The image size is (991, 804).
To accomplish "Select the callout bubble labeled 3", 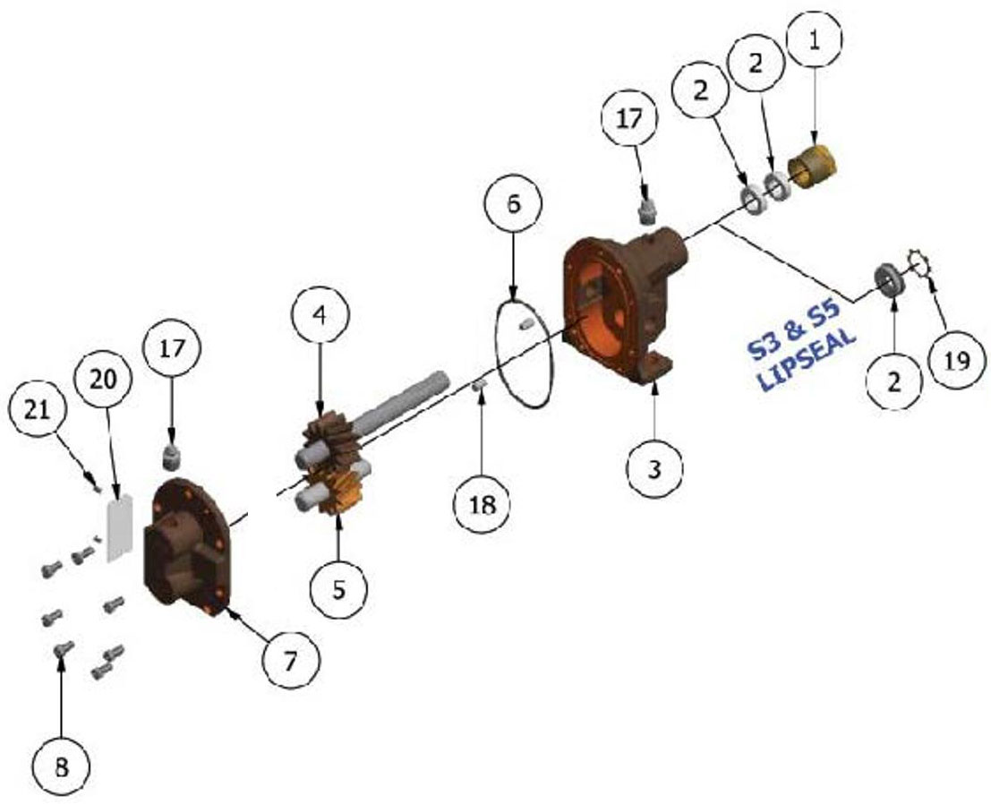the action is [x=654, y=469].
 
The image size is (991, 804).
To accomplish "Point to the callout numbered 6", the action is [x=513, y=203].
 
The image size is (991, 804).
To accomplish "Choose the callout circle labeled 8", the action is [x=61, y=767].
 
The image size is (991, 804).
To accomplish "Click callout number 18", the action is [x=483, y=504].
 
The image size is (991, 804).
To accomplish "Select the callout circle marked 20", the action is [x=104, y=380].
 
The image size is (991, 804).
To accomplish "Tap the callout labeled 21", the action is [x=37, y=411].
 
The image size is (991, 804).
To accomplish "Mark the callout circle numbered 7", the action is [x=290, y=662].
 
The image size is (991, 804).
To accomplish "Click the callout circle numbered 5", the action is [x=338, y=589].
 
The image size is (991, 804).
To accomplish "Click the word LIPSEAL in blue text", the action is [x=807, y=358].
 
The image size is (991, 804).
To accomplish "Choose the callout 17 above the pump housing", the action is [x=628, y=119].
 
